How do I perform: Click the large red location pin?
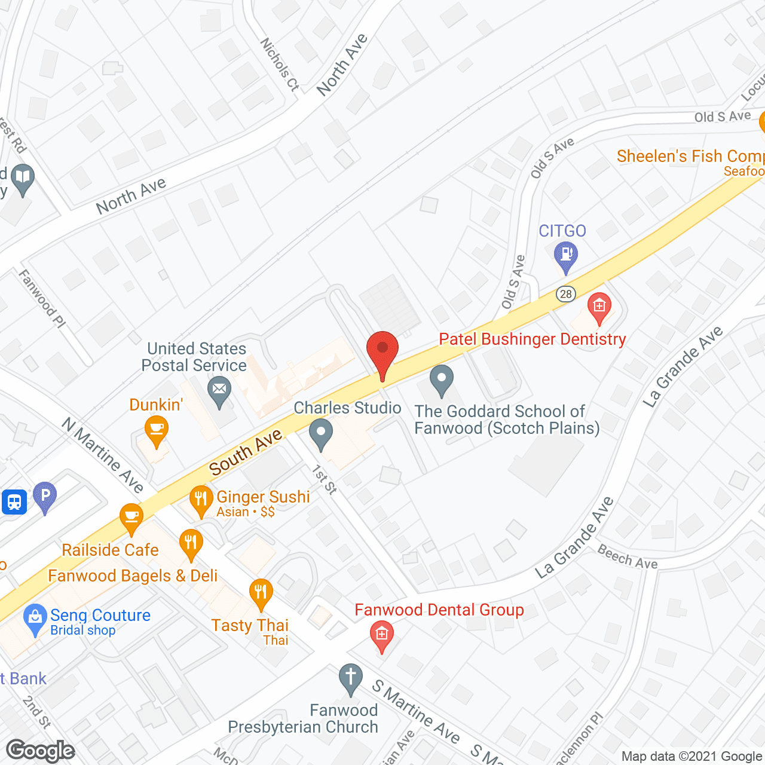pyautogui.click(x=382, y=353)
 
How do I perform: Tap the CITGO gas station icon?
pyautogui.click(x=565, y=255)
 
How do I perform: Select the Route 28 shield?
pyautogui.click(x=565, y=293)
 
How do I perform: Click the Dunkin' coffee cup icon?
pyautogui.click(x=156, y=430)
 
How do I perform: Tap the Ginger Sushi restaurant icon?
pyautogui.click(x=201, y=499)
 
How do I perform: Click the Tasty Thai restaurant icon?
pyautogui.click(x=261, y=593)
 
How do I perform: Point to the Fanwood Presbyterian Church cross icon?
pyautogui.click(x=350, y=678)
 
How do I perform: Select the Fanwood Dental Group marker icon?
pyautogui.click(x=382, y=634)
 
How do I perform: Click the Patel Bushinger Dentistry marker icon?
pyautogui.click(x=599, y=307)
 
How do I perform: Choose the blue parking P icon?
pyautogui.click(x=45, y=496)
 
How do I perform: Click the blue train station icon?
pyautogui.click(x=14, y=502)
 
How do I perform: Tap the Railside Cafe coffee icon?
pyautogui.click(x=131, y=518)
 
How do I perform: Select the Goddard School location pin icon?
pyautogui.click(x=442, y=380)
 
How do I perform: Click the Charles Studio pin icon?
pyautogui.click(x=321, y=433)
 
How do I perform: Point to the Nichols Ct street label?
pyautogui.click(x=279, y=65)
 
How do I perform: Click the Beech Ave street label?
pyautogui.click(x=628, y=558)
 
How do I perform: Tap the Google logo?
pyautogui.click(x=41, y=751)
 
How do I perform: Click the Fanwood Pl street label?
pyautogui.click(x=42, y=298)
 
